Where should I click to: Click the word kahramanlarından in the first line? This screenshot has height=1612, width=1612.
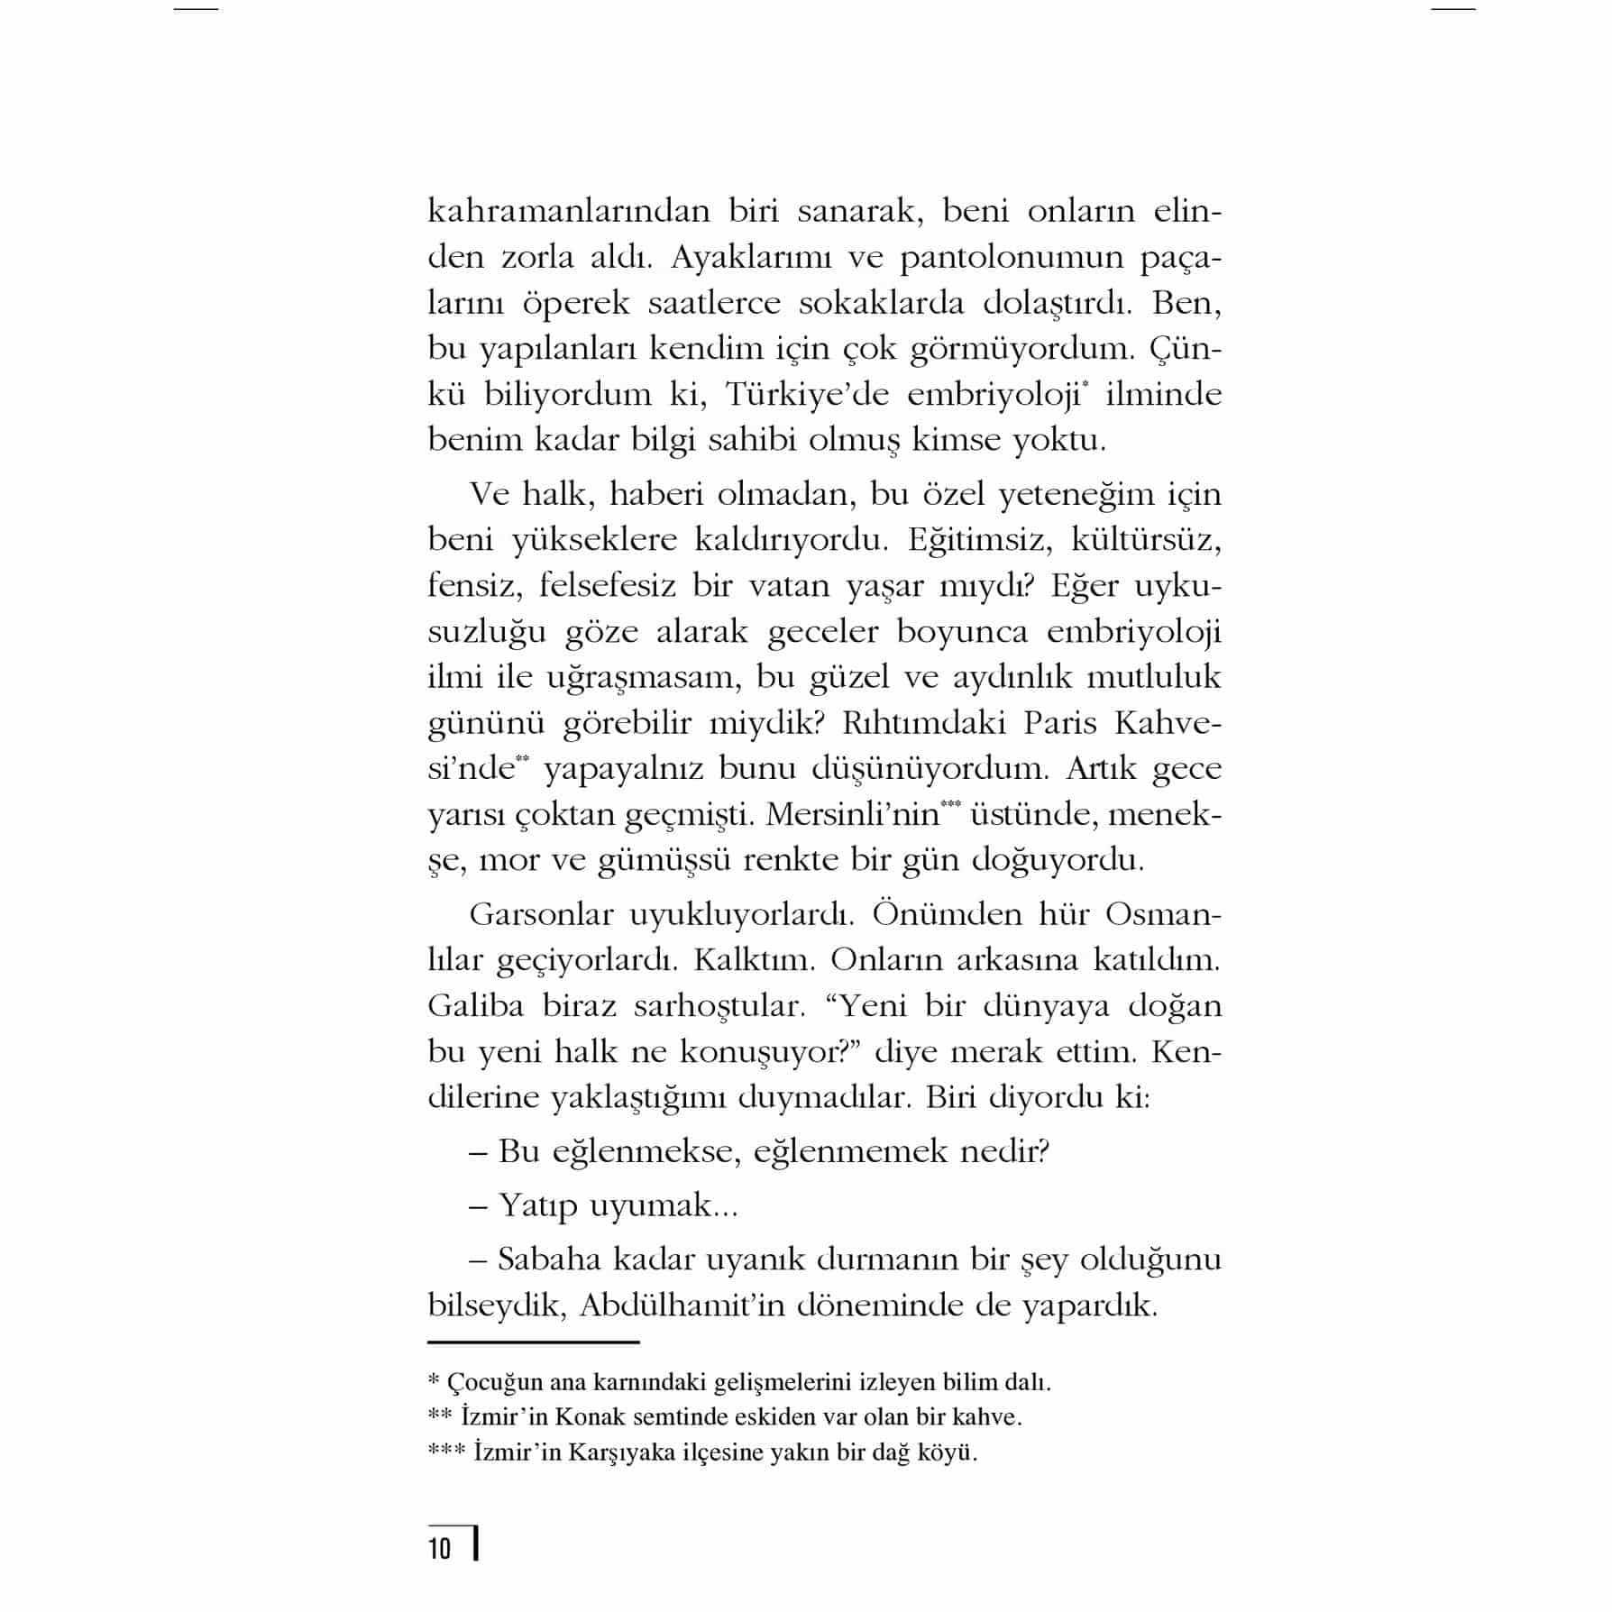568,212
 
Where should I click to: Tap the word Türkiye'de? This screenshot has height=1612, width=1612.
807,395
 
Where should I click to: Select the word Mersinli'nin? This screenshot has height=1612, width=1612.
852,815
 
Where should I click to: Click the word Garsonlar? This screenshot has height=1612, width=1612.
541,914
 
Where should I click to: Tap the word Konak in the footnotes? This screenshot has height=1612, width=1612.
591,1416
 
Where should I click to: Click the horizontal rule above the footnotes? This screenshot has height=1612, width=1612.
533,1342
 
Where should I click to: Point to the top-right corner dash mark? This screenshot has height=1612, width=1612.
1453,9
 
